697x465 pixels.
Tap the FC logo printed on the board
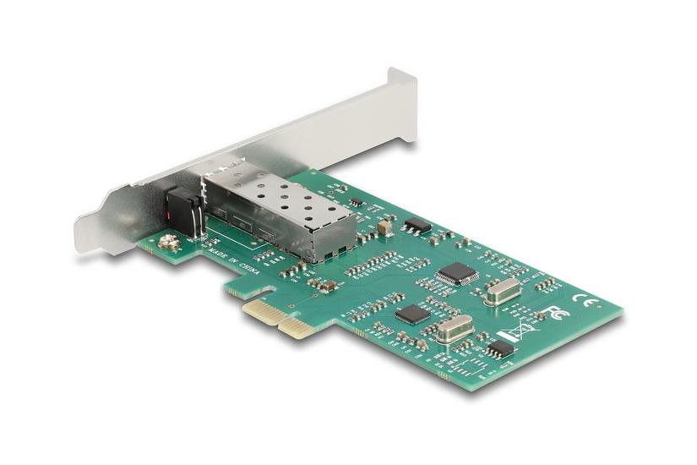pyautogui.click(x=558, y=312)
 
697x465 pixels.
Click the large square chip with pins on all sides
pyautogui.click(x=457, y=273)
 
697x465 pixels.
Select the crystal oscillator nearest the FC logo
pyautogui.click(x=502, y=292)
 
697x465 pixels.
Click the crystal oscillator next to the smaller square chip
pyautogui.click(x=455, y=329)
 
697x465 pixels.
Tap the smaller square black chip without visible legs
pyautogui.click(x=413, y=314)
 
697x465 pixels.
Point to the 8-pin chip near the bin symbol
pyautogui.click(x=500, y=348)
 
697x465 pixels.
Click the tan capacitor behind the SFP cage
pyautogui.click(x=385, y=227)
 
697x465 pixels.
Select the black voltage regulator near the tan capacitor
pyautogui.click(x=417, y=225)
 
